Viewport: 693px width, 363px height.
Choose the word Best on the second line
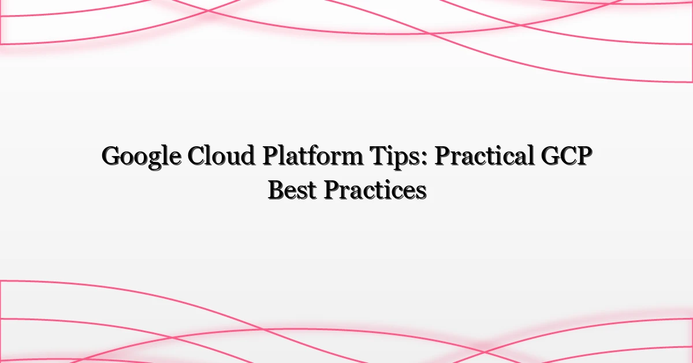tap(292, 190)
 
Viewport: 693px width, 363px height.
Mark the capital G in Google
tap(111, 156)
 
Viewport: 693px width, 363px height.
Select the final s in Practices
tap(421, 192)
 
